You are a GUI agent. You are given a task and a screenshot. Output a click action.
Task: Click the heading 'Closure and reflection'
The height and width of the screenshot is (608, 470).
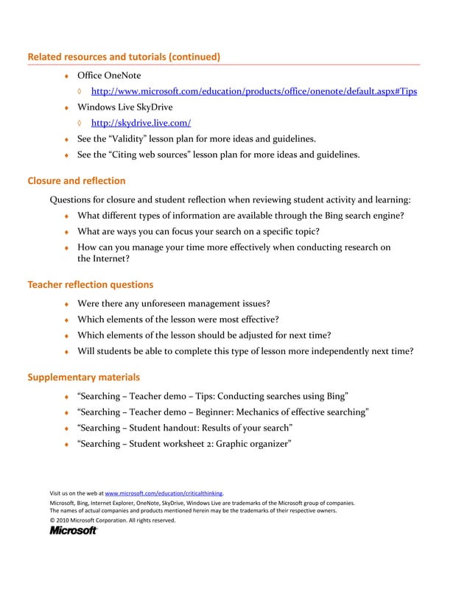point(76,180)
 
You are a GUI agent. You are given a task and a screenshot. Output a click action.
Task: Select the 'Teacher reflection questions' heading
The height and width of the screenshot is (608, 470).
point(90,284)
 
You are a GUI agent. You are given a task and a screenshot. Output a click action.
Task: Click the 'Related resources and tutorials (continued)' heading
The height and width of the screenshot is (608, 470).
point(124,57)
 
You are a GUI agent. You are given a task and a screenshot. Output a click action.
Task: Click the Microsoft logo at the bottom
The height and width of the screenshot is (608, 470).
point(73,530)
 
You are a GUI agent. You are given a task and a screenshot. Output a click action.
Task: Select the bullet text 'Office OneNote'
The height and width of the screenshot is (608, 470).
point(109,76)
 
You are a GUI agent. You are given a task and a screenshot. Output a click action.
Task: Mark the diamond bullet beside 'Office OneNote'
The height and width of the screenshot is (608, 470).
point(66,77)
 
